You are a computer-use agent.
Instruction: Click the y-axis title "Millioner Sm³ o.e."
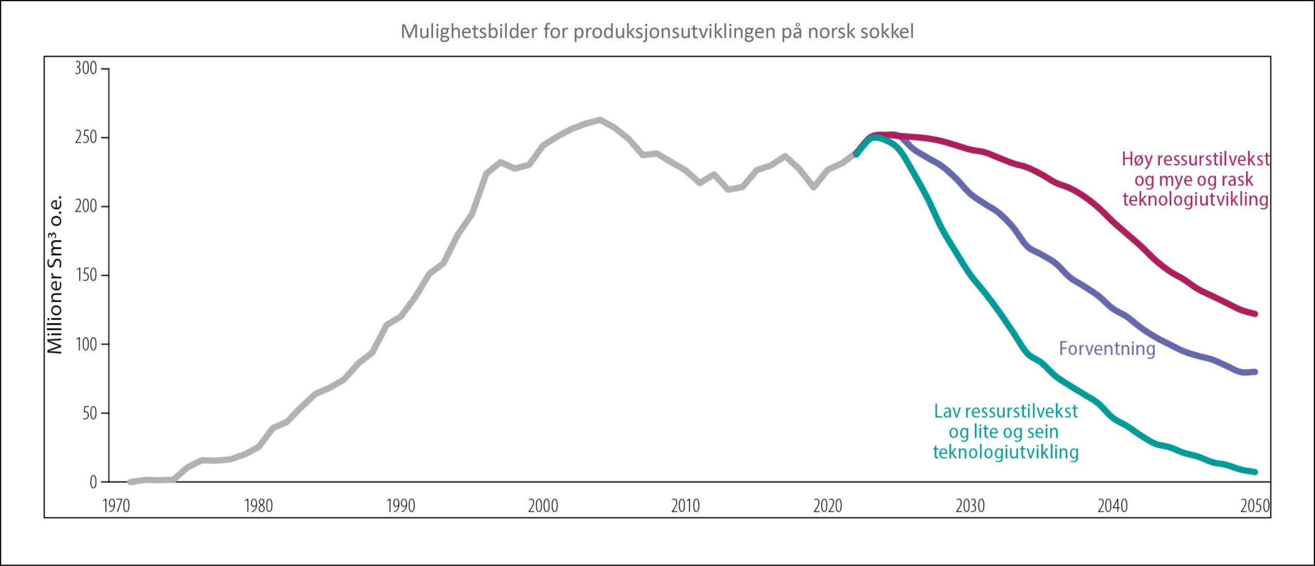[55, 275]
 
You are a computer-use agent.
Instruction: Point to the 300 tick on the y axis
[86, 68]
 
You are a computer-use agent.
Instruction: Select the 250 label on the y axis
[86, 137]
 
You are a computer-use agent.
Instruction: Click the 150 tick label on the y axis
[86, 275]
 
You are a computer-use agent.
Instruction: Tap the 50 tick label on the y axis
[89, 413]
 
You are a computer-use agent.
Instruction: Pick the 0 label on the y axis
[93, 482]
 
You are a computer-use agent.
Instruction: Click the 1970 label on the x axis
[116, 506]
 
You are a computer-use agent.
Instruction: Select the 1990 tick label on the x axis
[401, 506]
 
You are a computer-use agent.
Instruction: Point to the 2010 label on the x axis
[685, 506]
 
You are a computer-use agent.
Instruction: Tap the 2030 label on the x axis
[970, 506]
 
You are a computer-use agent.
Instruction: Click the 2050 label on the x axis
[1254, 506]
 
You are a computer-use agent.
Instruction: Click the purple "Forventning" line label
[1107, 349]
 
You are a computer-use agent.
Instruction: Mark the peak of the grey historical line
[599, 120]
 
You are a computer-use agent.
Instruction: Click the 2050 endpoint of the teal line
[1255, 471]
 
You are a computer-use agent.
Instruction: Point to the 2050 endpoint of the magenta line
[1255, 314]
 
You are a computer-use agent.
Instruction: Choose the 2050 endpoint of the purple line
[1255, 372]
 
